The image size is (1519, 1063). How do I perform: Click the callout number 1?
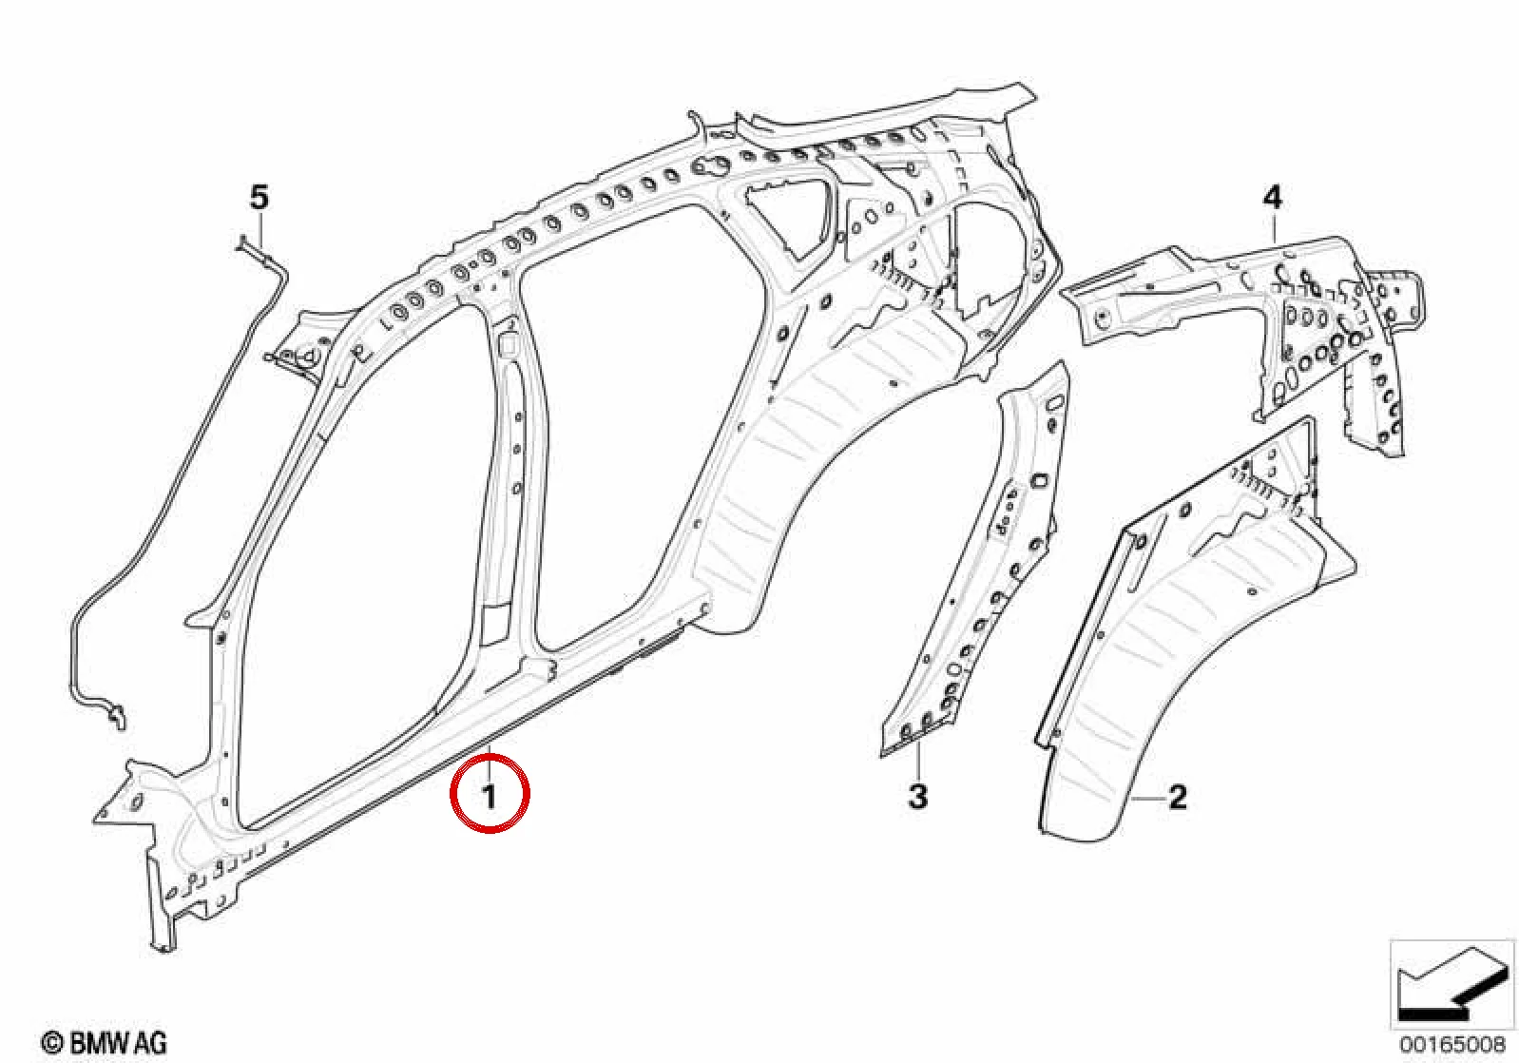point(490,795)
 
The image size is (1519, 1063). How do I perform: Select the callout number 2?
point(1178,798)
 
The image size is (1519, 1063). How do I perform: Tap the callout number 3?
point(917,797)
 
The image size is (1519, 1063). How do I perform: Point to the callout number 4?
point(1272,198)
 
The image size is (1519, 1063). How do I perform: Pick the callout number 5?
point(260,198)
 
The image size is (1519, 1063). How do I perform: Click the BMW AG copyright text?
point(105,1043)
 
